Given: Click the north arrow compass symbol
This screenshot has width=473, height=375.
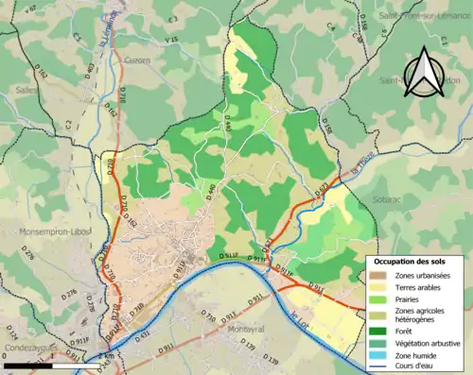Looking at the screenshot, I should pyautogui.click(x=424, y=73).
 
